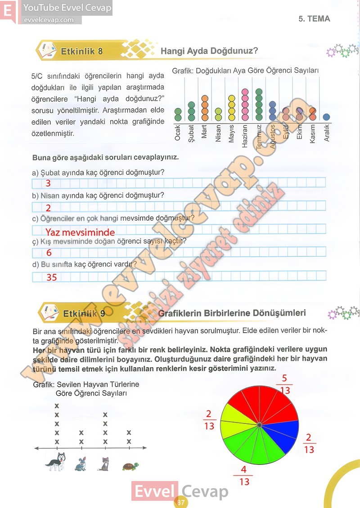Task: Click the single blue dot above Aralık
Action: pyautogui.click(x=327, y=117)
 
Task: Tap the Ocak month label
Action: pyautogui.click(x=178, y=133)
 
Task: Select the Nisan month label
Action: pyautogui.click(x=218, y=133)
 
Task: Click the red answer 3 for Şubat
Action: pyautogui.click(x=48, y=183)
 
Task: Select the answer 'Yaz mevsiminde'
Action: pyautogui.click(x=80, y=232)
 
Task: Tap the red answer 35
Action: pyautogui.click(x=52, y=277)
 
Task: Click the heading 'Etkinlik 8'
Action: pyautogui.click(x=81, y=51)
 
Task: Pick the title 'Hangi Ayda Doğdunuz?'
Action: pyautogui.click(x=209, y=51)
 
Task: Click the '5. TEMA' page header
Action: pyautogui.click(x=314, y=19)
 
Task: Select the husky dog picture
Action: pyautogui.click(x=56, y=462)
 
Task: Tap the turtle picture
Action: pyautogui.click(x=130, y=466)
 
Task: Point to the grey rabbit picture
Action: pyautogui.click(x=81, y=464)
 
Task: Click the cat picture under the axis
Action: pyautogui.click(x=104, y=463)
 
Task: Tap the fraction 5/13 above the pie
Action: pyautogui.click(x=284, y=383)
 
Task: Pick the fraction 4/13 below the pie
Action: pyautogui.click(x=244, y=476)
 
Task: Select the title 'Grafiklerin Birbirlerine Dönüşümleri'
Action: pyautogui.click(x=232, y=313)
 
